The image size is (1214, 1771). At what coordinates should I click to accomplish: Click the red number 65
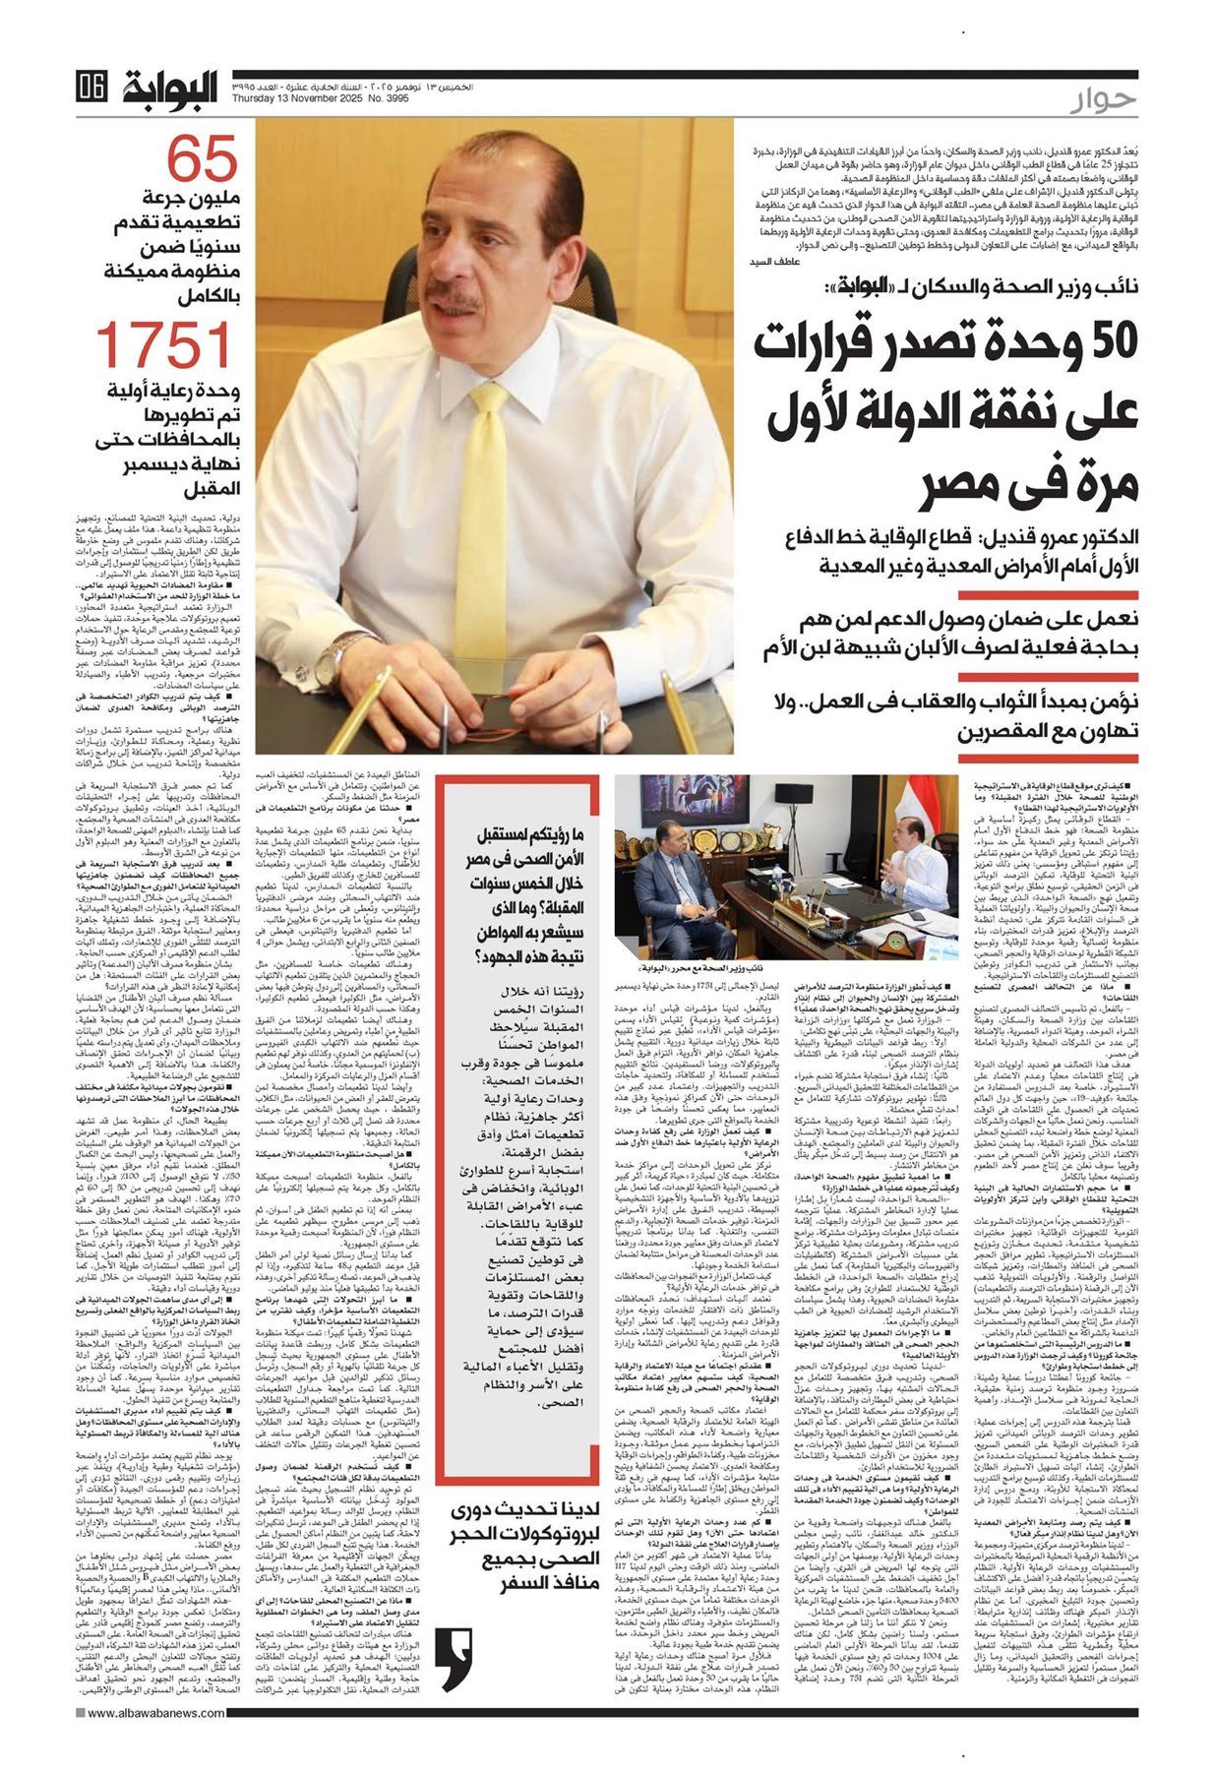[202, 157]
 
